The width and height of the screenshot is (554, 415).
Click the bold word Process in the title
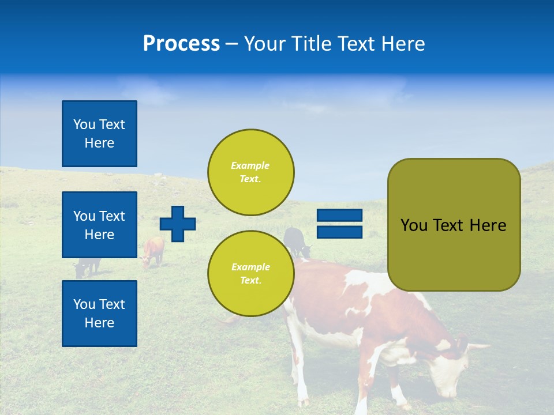tap(181, 44)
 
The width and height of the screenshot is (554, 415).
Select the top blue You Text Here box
tap(99, 134)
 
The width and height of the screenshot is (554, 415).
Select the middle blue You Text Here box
tap(99, 225)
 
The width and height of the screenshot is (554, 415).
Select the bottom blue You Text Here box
tap(99, 314)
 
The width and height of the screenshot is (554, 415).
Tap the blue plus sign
tap(178, 224)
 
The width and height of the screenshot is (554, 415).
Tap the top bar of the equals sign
tap(339, 215)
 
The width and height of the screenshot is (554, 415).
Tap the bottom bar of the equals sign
tap(339, 232)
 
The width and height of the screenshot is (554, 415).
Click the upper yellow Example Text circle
tap(250, 172)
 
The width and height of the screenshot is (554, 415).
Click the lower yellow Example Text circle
tap(250, 273)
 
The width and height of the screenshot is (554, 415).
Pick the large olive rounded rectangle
tap(454, 254)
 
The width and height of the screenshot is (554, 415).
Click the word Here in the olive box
tap(488, 225)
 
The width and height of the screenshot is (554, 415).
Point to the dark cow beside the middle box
tap(87, 266)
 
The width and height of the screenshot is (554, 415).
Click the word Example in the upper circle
tap(250, 165)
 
